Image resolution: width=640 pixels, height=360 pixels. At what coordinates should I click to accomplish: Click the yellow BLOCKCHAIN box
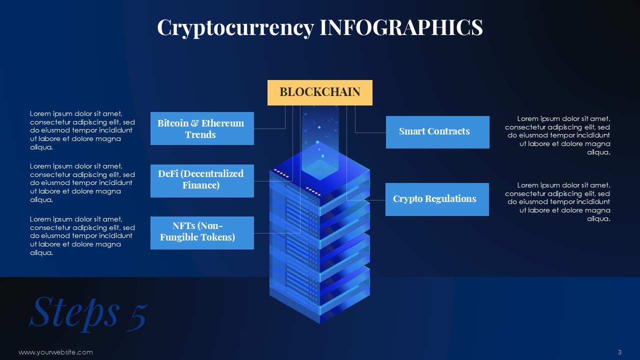[x=319, y=92]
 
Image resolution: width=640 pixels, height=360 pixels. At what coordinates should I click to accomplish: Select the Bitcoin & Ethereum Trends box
[x=202, y=128]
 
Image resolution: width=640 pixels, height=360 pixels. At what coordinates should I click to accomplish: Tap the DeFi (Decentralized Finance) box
[x=202, y=180]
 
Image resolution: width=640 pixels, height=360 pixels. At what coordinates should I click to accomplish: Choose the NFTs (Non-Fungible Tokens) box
[x=202, y=233]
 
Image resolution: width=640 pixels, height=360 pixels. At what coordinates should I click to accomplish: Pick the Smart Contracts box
[x=437, y=132]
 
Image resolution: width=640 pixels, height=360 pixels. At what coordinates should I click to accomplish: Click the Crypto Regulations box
[x=437, y=199]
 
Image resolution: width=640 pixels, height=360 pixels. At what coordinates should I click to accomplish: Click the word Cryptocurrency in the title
[x=235, y=28]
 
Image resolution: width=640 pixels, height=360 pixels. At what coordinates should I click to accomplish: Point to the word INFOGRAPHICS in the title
[x=401, y=27]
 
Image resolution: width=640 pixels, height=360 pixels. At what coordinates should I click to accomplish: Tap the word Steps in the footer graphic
[x=74, y=313]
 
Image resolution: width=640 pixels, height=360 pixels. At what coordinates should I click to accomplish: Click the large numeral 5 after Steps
[x=137, y=317]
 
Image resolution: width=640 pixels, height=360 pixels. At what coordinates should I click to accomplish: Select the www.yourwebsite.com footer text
[x=55, y=352]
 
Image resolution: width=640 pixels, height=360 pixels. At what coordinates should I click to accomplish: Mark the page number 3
[x=619, y=352]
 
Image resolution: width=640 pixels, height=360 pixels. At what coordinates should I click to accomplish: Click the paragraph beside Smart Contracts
[x=557, y=135]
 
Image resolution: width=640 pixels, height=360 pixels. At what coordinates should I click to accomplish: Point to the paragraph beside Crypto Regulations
[x=557, y=201]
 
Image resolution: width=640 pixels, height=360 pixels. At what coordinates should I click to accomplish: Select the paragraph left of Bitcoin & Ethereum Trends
[x=82, y=130]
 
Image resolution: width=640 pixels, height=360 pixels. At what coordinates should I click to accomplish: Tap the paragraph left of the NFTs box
[x=82, y=235]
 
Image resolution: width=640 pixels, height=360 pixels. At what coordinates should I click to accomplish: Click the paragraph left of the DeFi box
[x=82, y=183]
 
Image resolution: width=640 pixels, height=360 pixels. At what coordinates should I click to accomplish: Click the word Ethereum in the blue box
[x=222, y=123]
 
